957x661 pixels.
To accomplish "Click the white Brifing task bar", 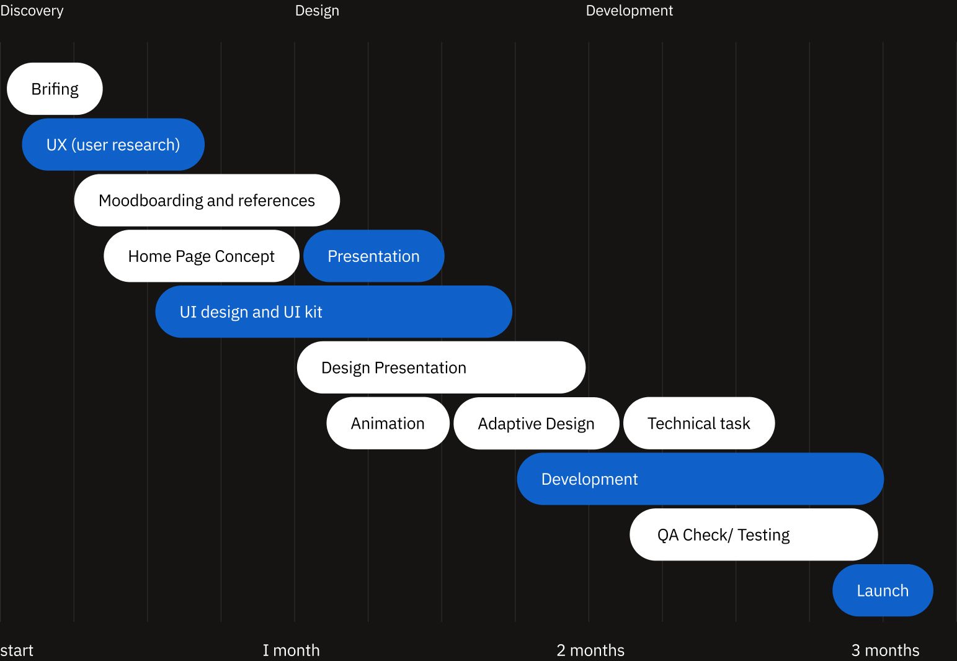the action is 55,89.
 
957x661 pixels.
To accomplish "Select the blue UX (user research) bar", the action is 114,145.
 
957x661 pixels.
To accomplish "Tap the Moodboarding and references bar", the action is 207,200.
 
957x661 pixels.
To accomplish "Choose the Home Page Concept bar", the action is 202,256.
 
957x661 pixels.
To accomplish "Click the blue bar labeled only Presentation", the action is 374,256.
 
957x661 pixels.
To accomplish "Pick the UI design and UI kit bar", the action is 334,312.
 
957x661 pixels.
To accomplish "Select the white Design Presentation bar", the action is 442,367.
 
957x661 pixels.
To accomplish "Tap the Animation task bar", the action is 388,423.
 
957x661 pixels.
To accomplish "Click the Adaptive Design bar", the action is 536,423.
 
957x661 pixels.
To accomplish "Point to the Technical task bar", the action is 699,423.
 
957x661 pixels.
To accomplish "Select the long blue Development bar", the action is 700,479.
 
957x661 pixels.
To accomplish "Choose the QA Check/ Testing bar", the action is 754,534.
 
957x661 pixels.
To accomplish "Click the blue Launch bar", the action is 883,590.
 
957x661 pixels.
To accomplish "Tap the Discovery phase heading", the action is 32,11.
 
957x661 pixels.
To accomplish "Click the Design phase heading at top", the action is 317,11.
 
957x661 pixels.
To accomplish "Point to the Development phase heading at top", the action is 630,11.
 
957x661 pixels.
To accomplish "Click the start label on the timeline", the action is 17,650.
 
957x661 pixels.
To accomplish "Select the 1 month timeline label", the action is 291,650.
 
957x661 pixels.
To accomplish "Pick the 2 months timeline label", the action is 590,650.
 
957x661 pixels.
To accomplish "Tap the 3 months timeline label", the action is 885,650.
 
